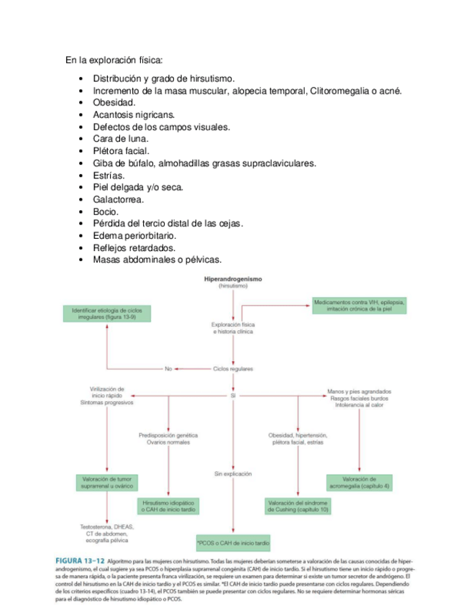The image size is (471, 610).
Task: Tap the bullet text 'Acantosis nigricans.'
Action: click(x=134, y=114)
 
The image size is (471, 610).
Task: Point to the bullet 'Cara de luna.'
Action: click(x=121, y=139)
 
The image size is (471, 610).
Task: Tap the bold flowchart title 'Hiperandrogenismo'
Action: click(x=233, y=278)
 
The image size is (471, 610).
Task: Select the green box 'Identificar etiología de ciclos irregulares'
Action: click(x=107, y=314)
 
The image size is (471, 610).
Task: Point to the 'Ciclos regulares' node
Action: click(x=233, y=369)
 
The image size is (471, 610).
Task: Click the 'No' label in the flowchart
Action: click(x=168, y=369)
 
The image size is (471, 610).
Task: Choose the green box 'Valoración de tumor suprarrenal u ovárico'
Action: click(x=107, y=483)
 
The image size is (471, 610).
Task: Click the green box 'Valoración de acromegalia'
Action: click(x=360, y=483)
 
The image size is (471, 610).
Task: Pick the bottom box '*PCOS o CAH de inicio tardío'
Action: click(x=233, y=543)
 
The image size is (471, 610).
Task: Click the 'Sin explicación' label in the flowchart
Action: click(x=233, y=474)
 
